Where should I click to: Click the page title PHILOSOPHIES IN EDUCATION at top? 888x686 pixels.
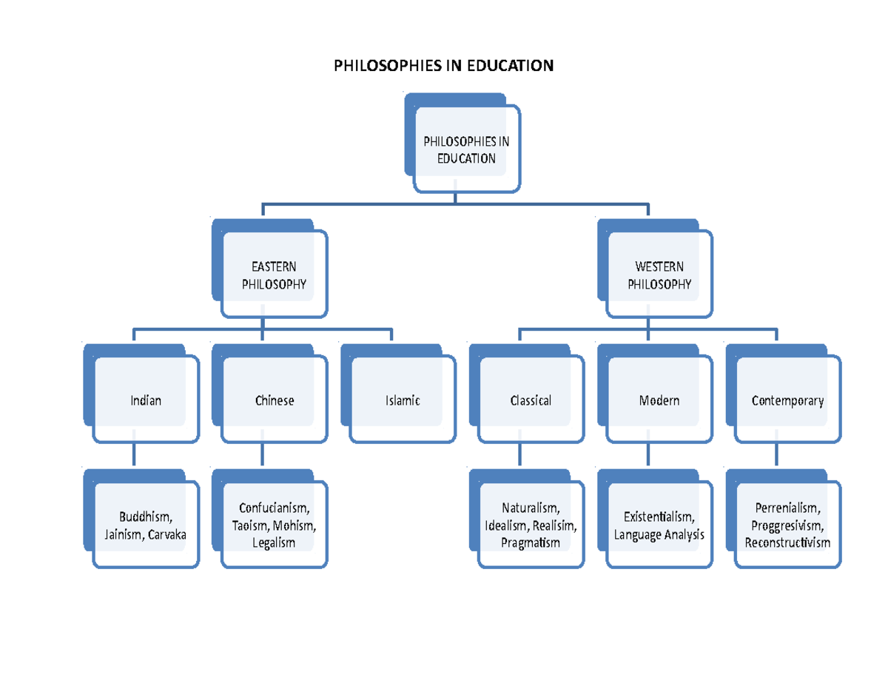pos(444,66)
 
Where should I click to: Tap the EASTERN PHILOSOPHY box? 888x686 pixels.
pos(274,275)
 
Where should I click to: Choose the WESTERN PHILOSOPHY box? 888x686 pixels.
pos(659,275)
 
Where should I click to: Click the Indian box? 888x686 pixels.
pos(145,400)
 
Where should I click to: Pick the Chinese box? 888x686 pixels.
pos(274,400)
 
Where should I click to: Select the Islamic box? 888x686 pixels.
pos(403,400)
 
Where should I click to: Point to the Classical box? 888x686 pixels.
pos(531,400)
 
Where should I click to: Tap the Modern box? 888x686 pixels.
pos(659,400)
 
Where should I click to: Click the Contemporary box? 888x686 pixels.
pos(787,400)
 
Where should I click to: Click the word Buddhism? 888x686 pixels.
pos(144,517)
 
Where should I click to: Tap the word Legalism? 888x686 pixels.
pos(273,543)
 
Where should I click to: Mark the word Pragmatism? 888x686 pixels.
pos(530,543)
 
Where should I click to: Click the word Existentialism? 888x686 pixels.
pos(659,517)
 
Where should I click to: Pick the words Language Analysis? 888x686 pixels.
pos(659,534)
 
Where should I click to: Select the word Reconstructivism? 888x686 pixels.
pos(787,543)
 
